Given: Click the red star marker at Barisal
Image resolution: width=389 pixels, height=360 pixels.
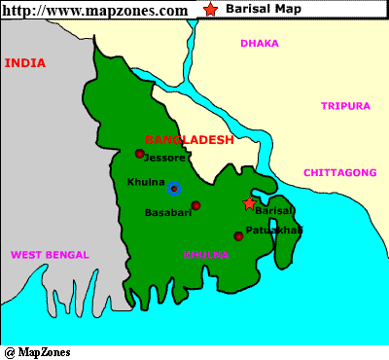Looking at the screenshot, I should tap(249, 203).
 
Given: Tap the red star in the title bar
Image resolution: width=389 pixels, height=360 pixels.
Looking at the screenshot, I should tap(212, 10).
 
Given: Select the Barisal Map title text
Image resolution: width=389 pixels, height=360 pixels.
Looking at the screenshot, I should tap(265, 10).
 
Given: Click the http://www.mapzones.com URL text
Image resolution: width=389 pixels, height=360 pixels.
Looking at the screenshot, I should tap(95, 11).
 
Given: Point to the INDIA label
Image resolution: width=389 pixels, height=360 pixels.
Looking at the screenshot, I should tap(25, 62).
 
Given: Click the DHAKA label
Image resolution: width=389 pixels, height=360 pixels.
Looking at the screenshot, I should tap(260, 43).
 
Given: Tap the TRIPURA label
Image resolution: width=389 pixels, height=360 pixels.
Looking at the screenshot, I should tap(345, 105).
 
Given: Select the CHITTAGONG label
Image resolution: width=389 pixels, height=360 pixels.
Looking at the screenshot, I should tap(339, 172).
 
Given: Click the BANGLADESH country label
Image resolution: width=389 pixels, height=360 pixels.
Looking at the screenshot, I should tap(190, 140).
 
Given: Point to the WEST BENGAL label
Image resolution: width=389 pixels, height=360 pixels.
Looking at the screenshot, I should tap(50, 255).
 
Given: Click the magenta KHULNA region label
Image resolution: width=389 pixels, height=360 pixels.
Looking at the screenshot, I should tap(206, 255).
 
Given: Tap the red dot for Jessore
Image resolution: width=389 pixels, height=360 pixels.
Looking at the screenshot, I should tap(139, 154).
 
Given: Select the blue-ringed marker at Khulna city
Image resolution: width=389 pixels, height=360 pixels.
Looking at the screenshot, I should tap(173, 189).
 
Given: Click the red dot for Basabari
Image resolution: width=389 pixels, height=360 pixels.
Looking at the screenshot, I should tap(195, 205).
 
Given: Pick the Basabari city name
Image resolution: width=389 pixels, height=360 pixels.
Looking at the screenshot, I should tap(166, 211).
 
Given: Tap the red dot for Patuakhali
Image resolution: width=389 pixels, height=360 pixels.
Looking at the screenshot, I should tap(238, 235).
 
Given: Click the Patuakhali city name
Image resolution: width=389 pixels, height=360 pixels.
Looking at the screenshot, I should tap(274, 230).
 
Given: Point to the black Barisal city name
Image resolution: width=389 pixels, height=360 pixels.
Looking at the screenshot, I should tap(273, 211).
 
